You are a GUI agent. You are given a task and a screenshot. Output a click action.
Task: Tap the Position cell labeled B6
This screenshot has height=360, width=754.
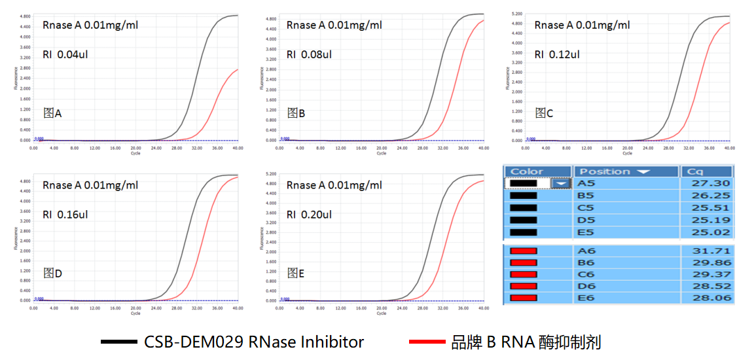[586, 262]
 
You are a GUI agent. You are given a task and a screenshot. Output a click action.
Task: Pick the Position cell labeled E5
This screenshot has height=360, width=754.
[586, 232]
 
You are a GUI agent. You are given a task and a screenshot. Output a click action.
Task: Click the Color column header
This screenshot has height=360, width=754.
[527, 171]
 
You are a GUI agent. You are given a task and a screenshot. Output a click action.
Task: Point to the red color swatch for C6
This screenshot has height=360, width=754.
[524, 274]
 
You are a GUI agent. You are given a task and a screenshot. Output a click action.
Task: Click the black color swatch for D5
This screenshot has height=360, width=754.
[522, 220]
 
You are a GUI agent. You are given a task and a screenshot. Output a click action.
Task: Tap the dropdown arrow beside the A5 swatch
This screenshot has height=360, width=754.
[561, 184]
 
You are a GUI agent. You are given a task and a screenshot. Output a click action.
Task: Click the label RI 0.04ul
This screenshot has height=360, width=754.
[65, 54]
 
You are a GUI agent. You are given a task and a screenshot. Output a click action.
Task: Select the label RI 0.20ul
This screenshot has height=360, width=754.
[309, 214]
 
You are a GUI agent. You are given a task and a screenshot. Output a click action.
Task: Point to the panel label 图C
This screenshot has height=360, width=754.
[544, 113]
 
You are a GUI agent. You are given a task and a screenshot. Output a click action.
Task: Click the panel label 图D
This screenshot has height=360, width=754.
[52, 273]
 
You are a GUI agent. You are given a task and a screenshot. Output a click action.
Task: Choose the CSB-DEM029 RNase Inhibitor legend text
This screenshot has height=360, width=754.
[254, 342]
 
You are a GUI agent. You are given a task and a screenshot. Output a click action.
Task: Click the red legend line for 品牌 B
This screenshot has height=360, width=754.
[428, 342]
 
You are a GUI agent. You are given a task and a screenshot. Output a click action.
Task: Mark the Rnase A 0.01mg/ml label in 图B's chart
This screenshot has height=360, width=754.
[334, 26]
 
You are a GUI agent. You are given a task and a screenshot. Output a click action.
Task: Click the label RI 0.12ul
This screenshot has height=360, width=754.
[557, 54]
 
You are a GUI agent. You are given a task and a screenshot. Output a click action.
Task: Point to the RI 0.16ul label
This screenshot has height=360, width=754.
[65, 214]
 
